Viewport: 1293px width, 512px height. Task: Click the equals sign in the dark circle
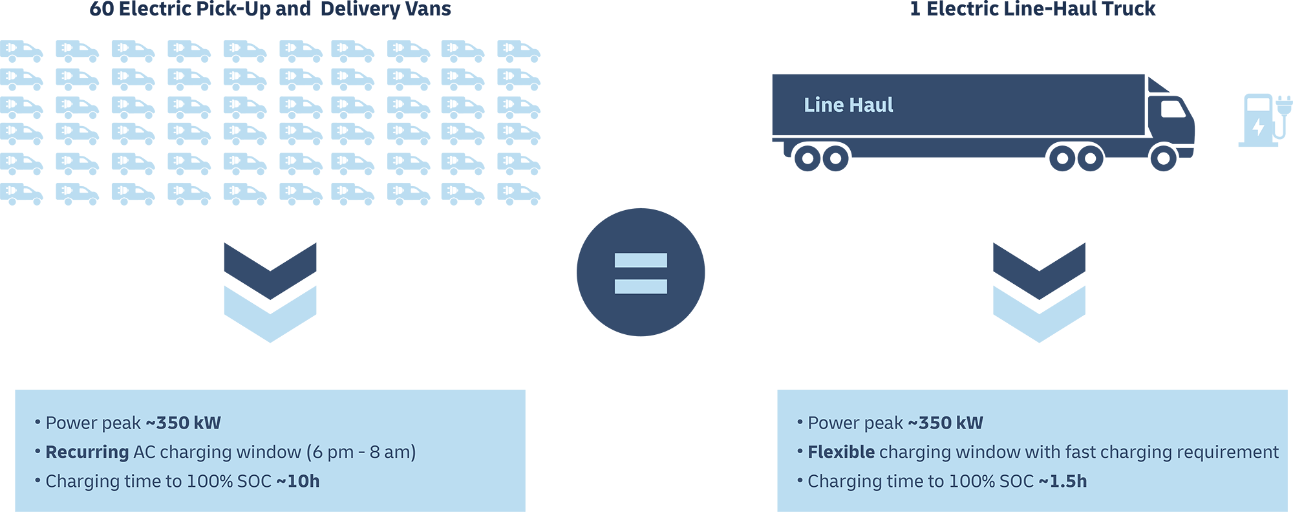[641, 273]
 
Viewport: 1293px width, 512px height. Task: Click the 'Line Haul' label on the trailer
[848, 105]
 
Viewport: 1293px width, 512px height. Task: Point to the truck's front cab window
[1173, 109]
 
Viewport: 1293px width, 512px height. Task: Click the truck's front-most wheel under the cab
[1163, 158]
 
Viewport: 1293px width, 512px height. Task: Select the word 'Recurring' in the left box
[87, 452]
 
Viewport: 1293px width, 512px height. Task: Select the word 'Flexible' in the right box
[840, 452]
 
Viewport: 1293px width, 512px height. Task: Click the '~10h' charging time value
[298, 482]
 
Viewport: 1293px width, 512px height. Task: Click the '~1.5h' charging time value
[1063, 482]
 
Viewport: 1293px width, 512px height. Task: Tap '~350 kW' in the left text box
[184, 423]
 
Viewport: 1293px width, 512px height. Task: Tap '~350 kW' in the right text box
[946, 423]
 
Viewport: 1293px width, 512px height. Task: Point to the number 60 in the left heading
[102, 9]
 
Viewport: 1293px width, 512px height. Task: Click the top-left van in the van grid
[21, 51]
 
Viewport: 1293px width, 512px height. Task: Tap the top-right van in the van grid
[519, 51]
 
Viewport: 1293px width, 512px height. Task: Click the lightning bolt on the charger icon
[1258, 125]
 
